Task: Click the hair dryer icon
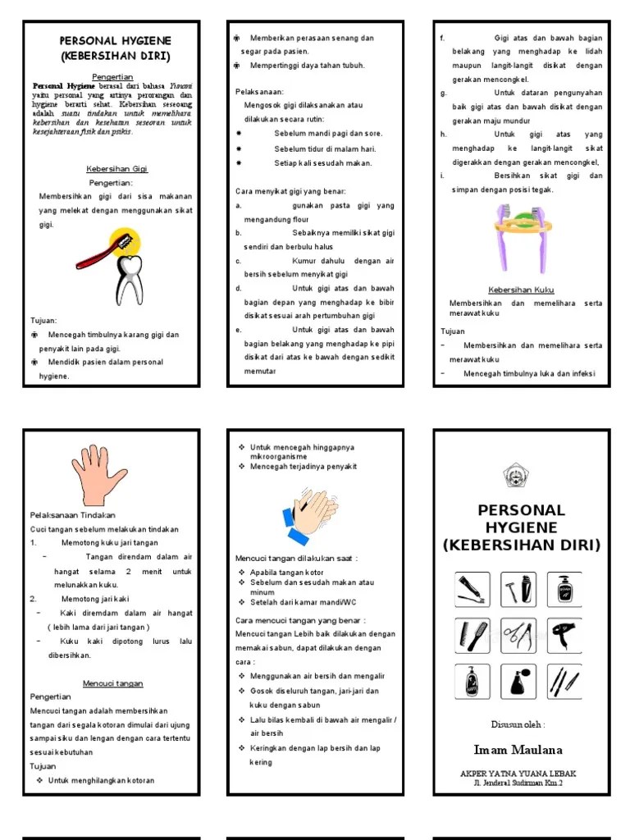(564, 635)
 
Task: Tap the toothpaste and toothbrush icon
(472, 589)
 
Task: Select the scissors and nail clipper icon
(518, 635)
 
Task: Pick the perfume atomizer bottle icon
(518, 681)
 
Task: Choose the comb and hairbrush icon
(472, 635)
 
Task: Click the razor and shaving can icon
(518, 589)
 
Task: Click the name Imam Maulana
(518, 750)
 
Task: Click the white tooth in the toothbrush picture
(128, 278)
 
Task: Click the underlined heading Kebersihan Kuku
(522, 290)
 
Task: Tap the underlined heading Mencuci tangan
(112, 683)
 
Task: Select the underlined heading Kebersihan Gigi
(116, 169)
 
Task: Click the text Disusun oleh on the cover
(518, 724)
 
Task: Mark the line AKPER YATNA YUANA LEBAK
(518, 774)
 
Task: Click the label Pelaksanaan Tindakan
(73, 515)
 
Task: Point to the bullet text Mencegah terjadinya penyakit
(304, 467)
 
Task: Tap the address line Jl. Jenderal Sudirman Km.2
(518, 783)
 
